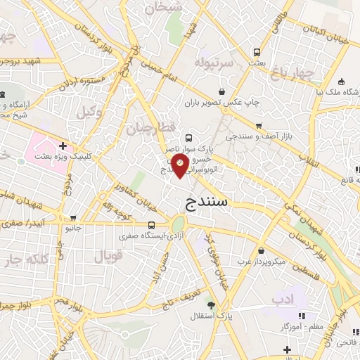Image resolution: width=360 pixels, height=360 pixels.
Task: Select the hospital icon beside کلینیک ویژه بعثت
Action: [63, 146]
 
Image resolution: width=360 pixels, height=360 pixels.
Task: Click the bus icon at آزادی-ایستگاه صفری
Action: [152, 226]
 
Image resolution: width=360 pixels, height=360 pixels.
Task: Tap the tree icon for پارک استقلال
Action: [212, 304]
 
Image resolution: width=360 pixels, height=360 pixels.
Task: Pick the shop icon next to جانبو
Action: [89, 227]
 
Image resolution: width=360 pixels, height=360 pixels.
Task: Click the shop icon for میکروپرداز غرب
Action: [262, 250]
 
